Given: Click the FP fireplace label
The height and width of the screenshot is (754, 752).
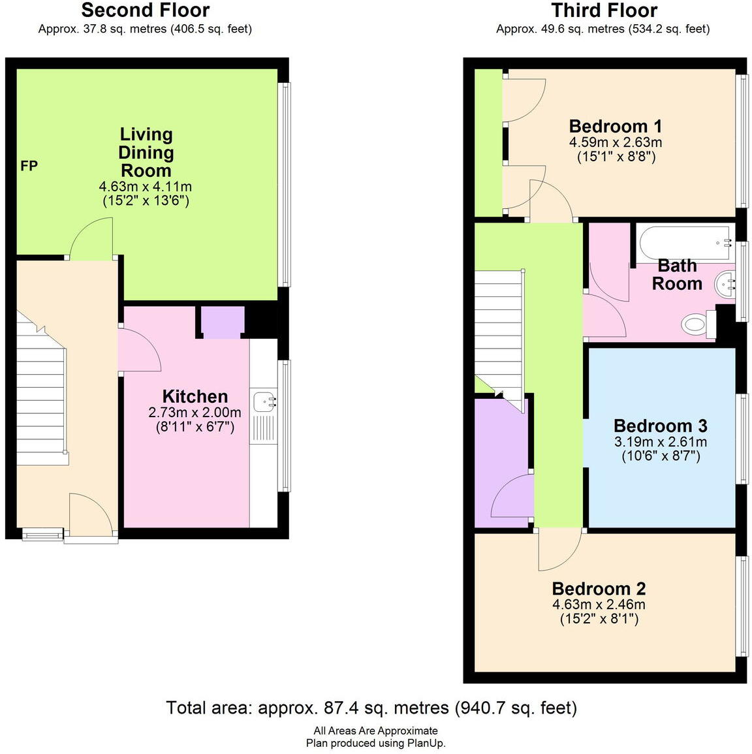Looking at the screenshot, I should point(29,166).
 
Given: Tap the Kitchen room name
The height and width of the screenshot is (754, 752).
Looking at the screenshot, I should point(195,396).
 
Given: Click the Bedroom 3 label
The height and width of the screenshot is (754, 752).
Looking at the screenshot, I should point(660,426).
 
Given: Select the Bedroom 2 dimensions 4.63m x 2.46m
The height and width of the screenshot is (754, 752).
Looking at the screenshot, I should point(599,605).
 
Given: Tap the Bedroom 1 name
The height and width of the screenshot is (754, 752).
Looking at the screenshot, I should point(616,126).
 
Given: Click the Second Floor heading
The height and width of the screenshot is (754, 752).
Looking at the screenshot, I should point(145,10).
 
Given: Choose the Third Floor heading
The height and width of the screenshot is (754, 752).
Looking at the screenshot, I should point(604,10).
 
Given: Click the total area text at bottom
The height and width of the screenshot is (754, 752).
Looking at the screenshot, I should point(371,708).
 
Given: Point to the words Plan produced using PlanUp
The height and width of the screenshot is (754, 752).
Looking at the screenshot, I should point(375,743).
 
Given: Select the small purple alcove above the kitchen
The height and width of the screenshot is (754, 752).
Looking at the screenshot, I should point(222,322).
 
